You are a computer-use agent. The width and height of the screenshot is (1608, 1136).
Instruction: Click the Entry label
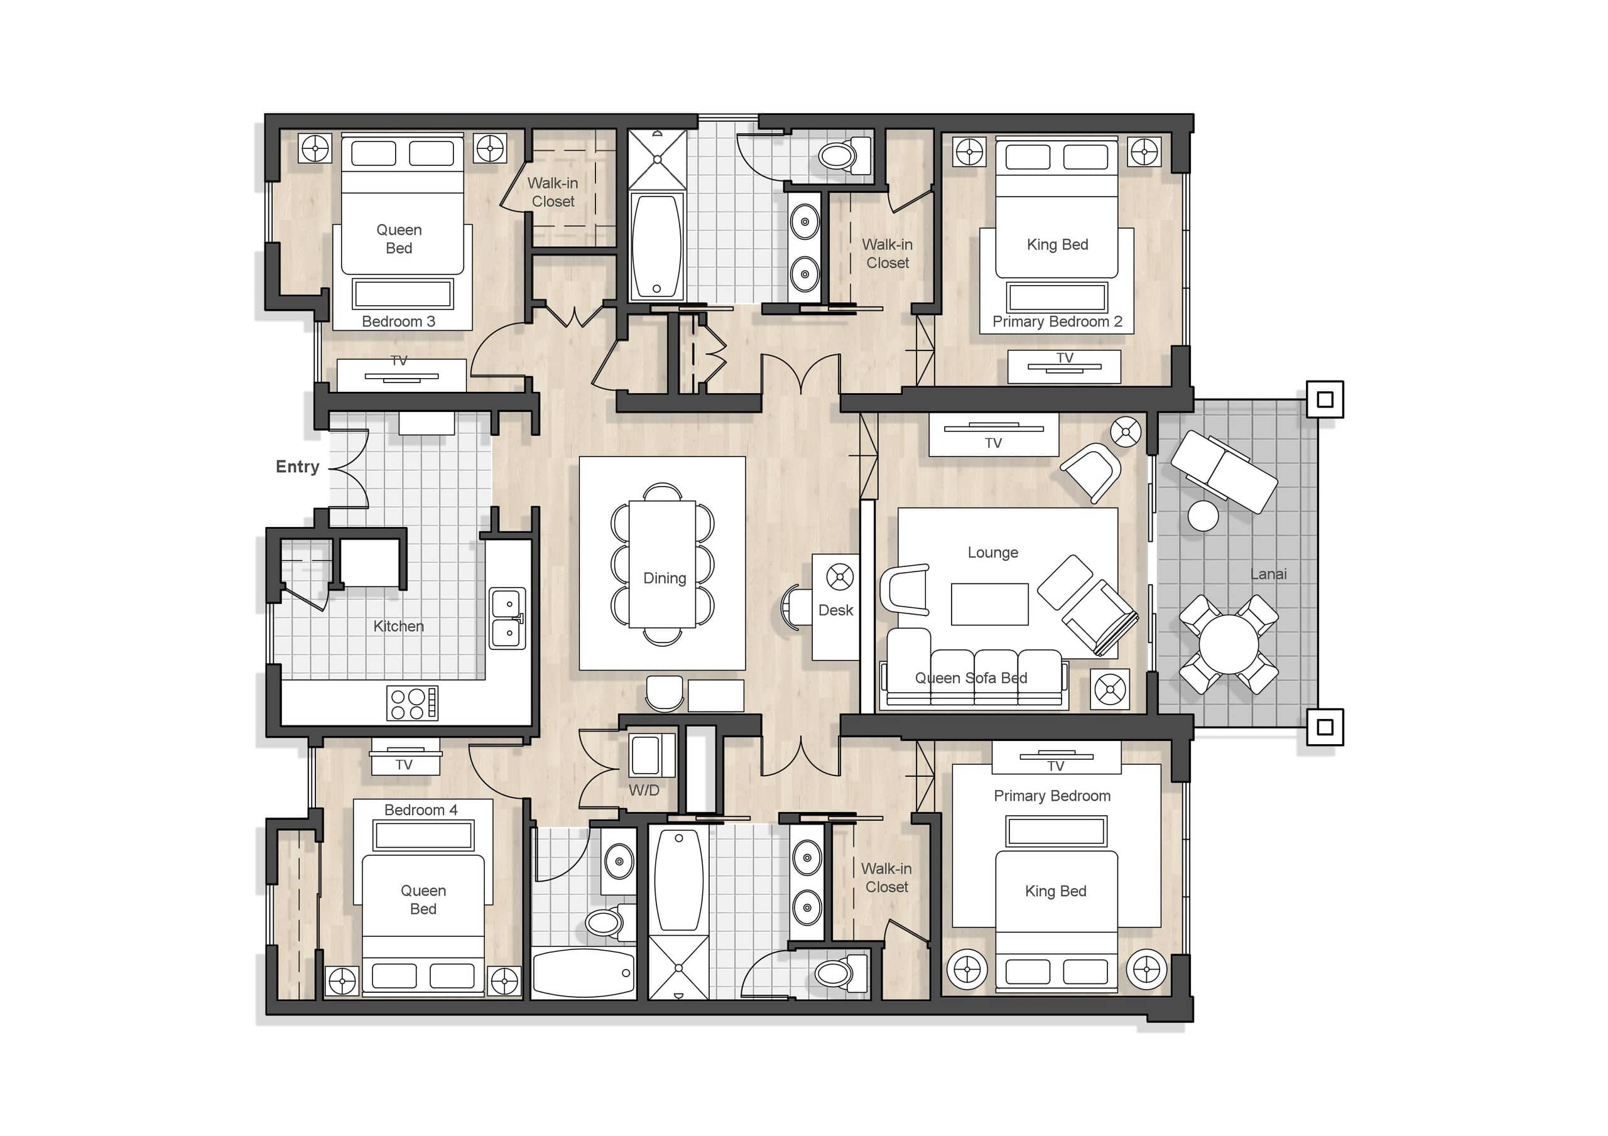point(298,467)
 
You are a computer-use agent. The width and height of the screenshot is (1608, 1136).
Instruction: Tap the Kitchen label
point(398,626)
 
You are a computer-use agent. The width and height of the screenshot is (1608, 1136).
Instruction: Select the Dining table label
point(665,578)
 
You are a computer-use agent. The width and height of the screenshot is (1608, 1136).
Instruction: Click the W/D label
point(644,790)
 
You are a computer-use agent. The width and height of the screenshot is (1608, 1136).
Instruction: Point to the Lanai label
point(1268,575)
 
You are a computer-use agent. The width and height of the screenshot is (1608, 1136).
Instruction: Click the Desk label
point(835,610)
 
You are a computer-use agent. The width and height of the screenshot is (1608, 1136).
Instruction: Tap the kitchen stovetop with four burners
point(413,703)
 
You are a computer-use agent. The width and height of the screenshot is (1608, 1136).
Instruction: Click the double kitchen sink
point(507,618)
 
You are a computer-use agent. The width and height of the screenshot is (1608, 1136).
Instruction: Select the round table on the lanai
point(1229,644)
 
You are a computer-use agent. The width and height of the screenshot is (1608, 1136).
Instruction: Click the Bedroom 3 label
point(398,322)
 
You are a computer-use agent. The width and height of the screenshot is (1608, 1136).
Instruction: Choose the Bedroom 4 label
point(421,809)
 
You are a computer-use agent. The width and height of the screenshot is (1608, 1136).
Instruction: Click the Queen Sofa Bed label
point(970,678)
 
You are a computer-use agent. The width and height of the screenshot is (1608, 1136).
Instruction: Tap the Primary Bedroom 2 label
point(1058,322)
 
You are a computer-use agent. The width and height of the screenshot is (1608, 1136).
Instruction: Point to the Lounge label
point(993,553)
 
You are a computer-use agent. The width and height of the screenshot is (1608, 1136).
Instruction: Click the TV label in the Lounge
point(993,443)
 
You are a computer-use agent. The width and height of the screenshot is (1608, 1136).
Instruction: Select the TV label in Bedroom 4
point(404,765)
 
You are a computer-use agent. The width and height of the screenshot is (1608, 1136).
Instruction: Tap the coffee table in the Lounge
point(989,603)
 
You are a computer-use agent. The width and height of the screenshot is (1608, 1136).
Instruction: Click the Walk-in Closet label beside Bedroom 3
point(553,192)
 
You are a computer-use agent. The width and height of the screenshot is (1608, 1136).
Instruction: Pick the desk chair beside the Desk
point(796,608)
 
